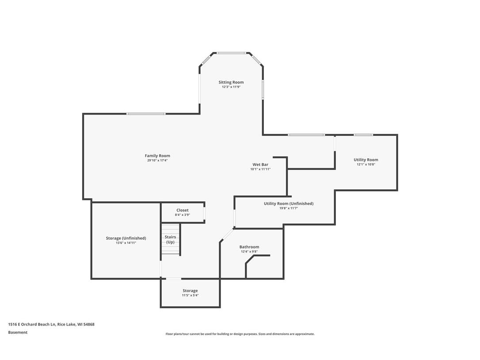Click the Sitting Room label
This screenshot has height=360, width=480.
(x=231, y=82)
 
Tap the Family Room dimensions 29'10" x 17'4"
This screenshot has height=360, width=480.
(x=157, y=161)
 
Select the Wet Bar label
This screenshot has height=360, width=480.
(x=260, y=165)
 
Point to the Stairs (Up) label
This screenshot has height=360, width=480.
(x=170, y=240)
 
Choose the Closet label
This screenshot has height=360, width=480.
(x=182, y=210)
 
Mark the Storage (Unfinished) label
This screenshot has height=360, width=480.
(x=126, y=238)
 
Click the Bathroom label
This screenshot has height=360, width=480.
(x=249, y=247)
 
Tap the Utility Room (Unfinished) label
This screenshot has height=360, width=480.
(x=288, y=203)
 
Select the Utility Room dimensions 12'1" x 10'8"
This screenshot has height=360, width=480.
(x=366, y=165)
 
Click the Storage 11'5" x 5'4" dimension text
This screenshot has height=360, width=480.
(x=190, y=295)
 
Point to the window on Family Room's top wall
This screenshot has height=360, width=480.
(x=146, y=114)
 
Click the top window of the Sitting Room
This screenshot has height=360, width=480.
(x=231, y=53)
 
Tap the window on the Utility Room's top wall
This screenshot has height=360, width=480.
(x=363, y=135)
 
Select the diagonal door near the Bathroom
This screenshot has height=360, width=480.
(x=227, y=235)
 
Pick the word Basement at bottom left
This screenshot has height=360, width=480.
(x=18, y=333)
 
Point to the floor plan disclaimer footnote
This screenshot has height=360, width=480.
(x=240, y=334)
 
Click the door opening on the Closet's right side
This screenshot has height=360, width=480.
(x=204, y=213)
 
